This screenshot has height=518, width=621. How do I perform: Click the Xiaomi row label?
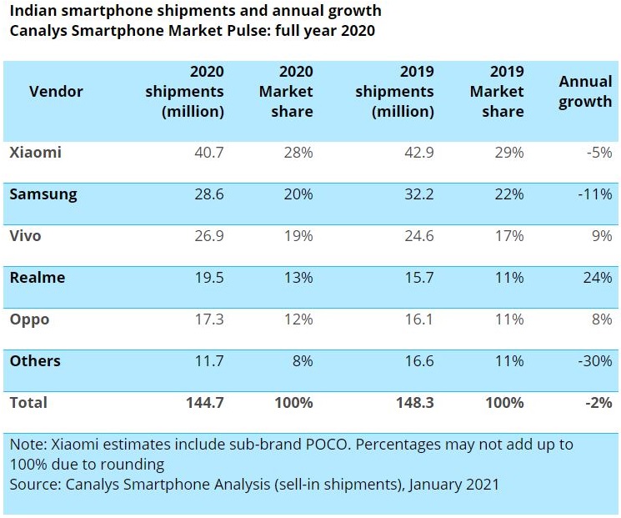click(x=36, y=153)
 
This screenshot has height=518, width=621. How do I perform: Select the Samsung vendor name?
click(x=43, y=194)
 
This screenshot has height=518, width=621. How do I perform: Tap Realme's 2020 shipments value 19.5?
click(x=207, y=278)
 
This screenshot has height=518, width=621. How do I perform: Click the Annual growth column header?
click(x=585, y=92)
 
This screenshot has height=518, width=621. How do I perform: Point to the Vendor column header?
click(x=56, y=92)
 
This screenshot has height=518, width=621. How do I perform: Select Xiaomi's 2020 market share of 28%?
click(x=298, y=153)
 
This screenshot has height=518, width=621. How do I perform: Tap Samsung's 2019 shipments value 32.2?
click(x=417, y=194)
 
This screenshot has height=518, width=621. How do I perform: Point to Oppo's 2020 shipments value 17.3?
click(x=207, y=319)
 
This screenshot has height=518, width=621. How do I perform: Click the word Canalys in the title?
click(x=38, y=31)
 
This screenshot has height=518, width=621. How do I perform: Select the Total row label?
click(x=29, y=403)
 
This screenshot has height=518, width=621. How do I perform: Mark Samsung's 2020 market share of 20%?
click(x=298, y=194)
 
